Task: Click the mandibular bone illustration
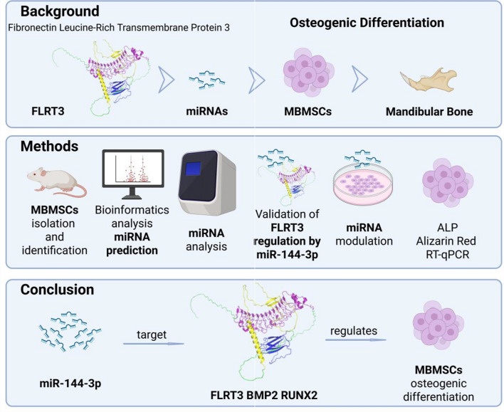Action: click(428, 83)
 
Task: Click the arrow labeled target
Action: click(153, 342)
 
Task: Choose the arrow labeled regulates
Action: click(356, 339)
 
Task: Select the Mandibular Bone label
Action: click(429, 112)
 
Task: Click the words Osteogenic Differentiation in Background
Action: click(367, 23)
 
